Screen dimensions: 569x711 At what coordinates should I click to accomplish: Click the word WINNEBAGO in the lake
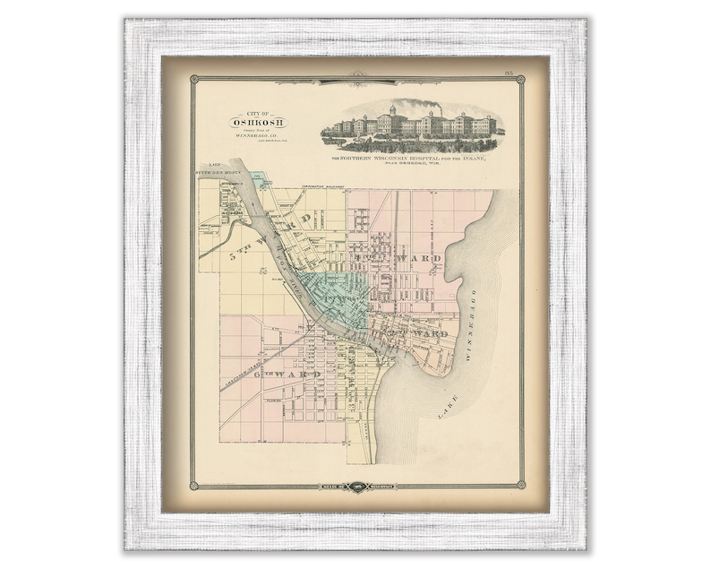[472, 323]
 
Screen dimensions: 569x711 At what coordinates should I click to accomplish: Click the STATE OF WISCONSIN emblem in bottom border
[356, 487]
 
